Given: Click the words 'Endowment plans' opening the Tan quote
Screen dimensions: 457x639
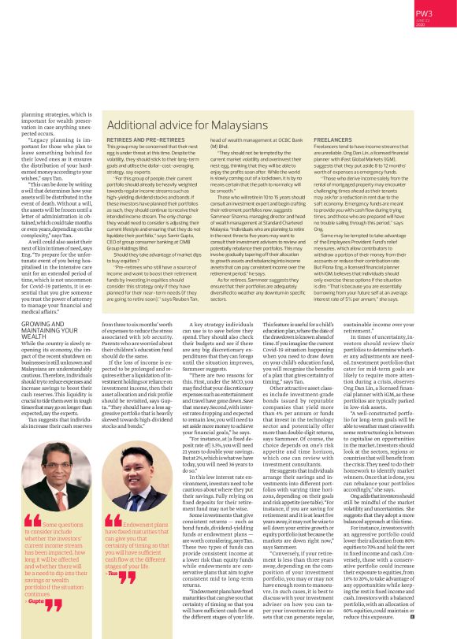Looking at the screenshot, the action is [145, 524].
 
